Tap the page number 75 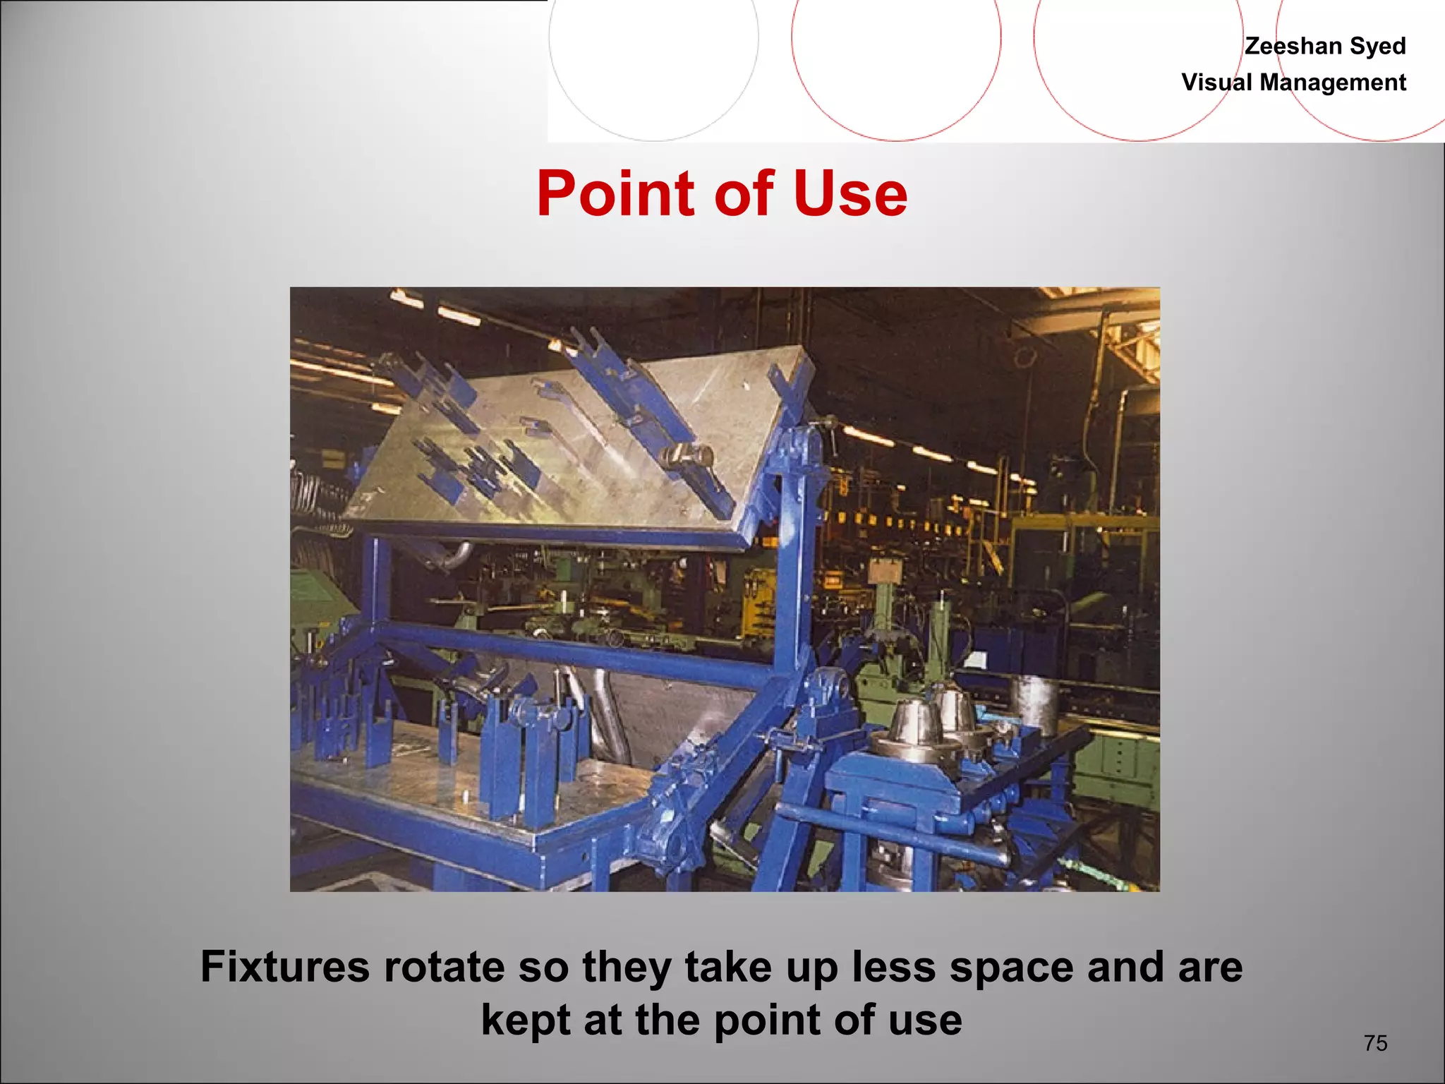1375,1043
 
